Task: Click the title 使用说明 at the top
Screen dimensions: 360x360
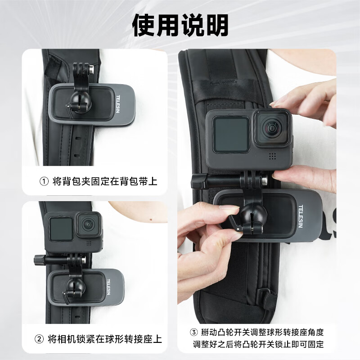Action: coord(180,25)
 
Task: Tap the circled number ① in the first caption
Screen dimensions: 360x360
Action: coord(44,181)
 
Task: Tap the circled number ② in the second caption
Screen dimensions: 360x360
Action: coord(39,339)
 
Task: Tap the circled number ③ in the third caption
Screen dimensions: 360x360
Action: coord(194,333)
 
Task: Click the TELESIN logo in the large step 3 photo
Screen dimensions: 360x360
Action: coord(301,216)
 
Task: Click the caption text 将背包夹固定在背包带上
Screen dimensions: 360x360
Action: coord(105,181)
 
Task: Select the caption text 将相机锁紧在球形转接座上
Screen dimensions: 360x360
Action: coord(105,339)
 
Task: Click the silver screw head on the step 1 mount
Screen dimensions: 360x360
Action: coord(91,70)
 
